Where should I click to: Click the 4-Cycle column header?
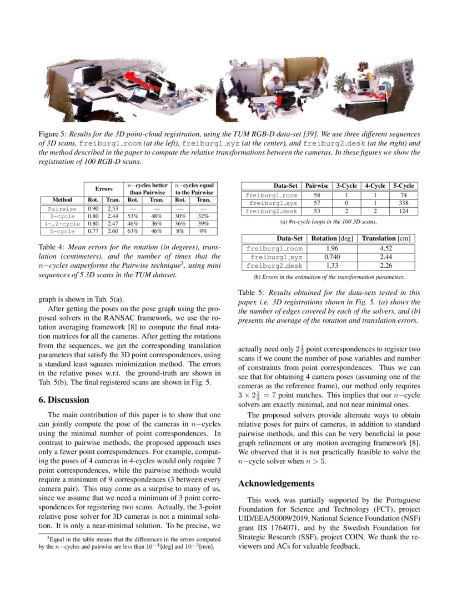(x=375, y=186)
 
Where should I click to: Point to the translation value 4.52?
(x=386, y=249)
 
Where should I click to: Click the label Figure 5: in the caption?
(x=53, y=134)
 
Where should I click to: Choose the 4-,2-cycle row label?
(x=62, y=223)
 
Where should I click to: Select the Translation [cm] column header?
(x=386, y=239)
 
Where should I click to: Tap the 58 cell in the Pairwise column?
(x=317, y=195)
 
